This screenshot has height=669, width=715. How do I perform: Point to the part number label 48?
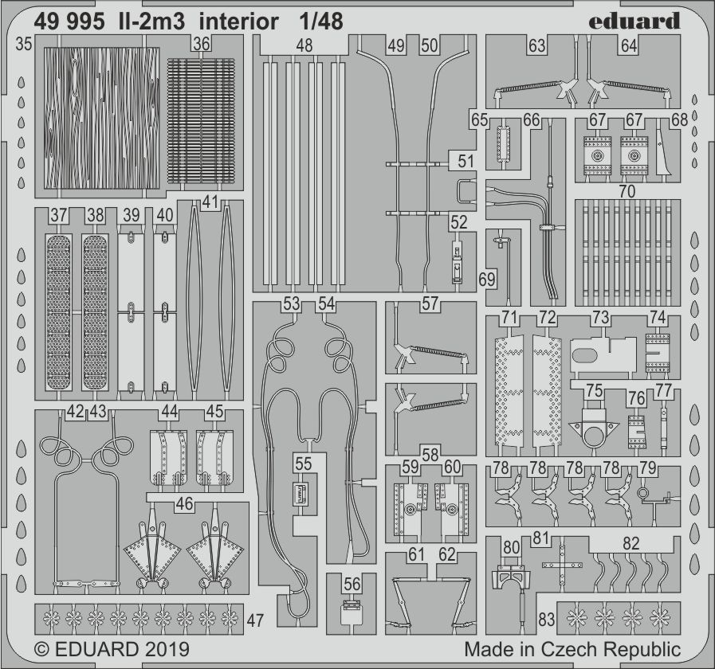point(304,46)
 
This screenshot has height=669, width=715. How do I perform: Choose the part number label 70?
point(627,191)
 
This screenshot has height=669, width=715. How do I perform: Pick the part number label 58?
point(430,455)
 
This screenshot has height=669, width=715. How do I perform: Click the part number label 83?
point(547,620)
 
